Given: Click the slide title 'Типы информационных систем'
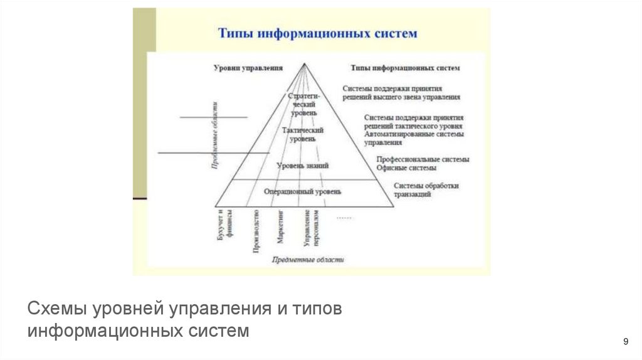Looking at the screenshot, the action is pos(317,33).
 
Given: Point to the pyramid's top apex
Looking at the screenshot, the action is pos(303,63).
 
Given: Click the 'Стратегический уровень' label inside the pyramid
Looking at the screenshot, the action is pos(304,104).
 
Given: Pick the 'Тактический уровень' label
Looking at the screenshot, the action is pos(303,134).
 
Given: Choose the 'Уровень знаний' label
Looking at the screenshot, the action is pos(302,166).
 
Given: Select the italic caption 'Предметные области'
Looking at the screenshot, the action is pos(308,259).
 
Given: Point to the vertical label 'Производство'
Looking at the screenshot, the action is pos(256,232).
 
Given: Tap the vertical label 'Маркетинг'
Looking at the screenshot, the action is pos(281,228).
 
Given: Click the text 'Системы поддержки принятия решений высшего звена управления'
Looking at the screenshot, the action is pos(402,93).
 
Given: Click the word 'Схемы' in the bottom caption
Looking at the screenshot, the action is pos(58,310).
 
